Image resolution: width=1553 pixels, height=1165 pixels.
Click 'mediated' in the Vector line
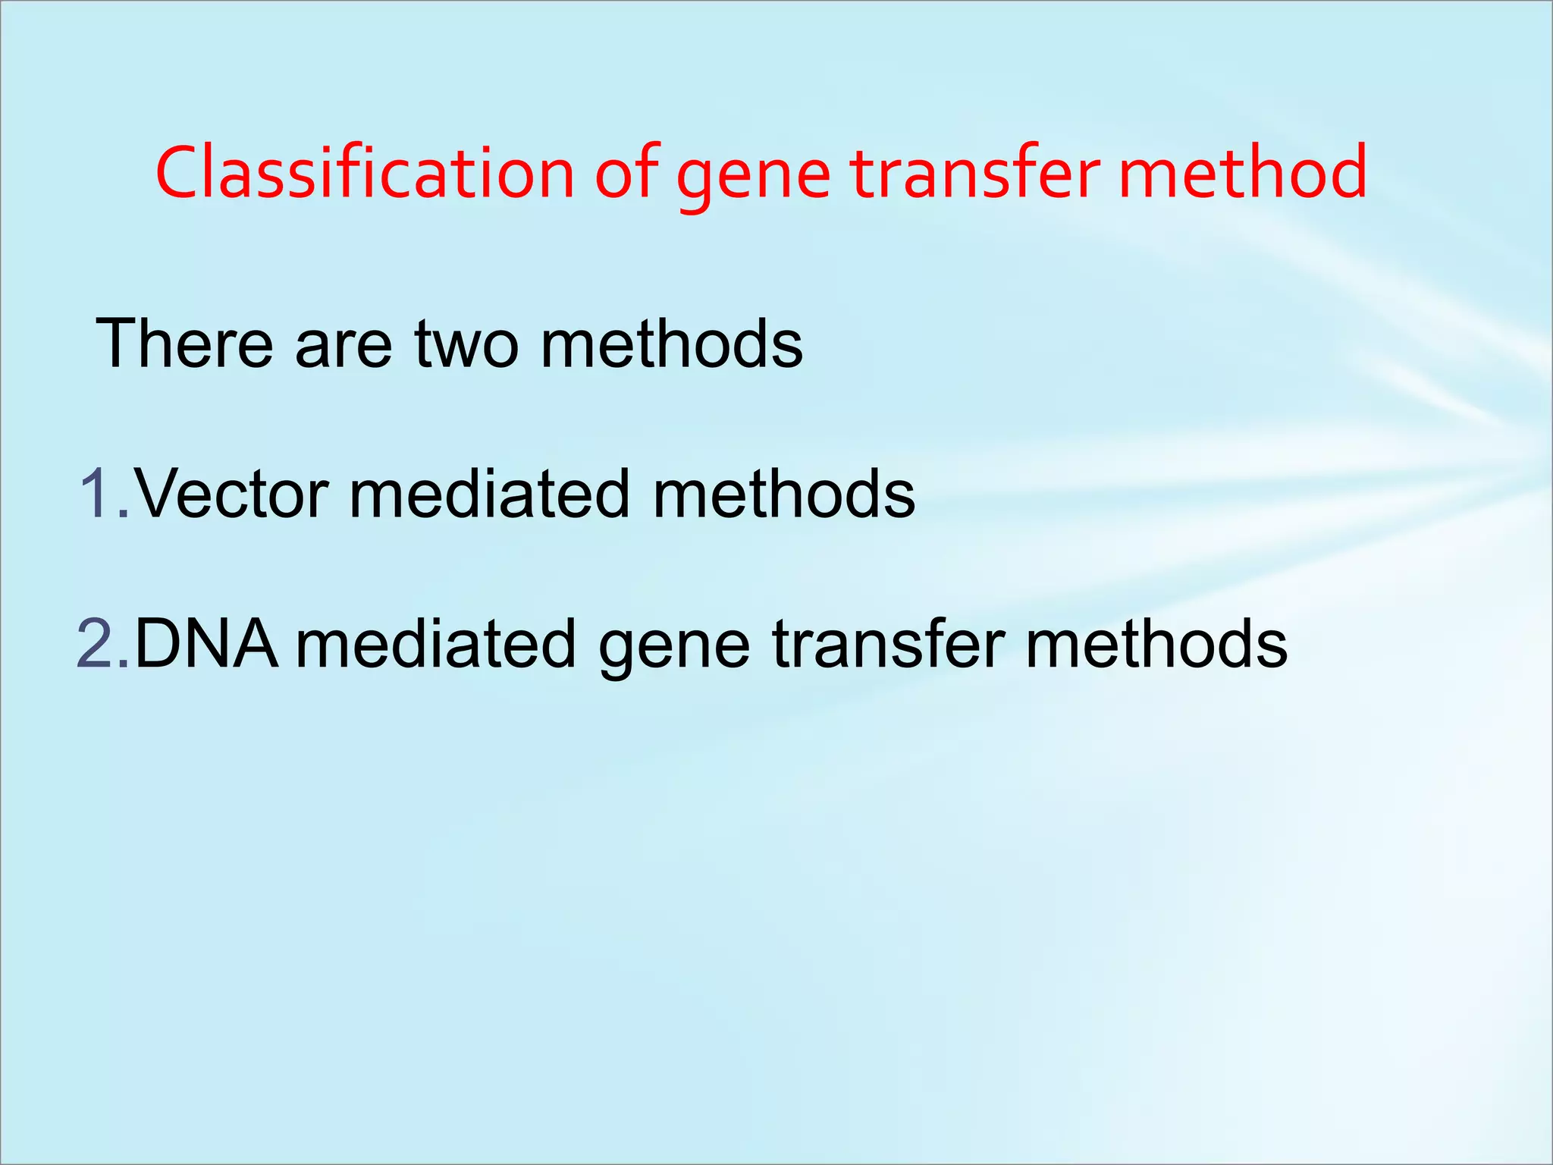489,494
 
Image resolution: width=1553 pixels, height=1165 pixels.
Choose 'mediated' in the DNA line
436,644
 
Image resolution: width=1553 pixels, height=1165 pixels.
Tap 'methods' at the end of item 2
1156,644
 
